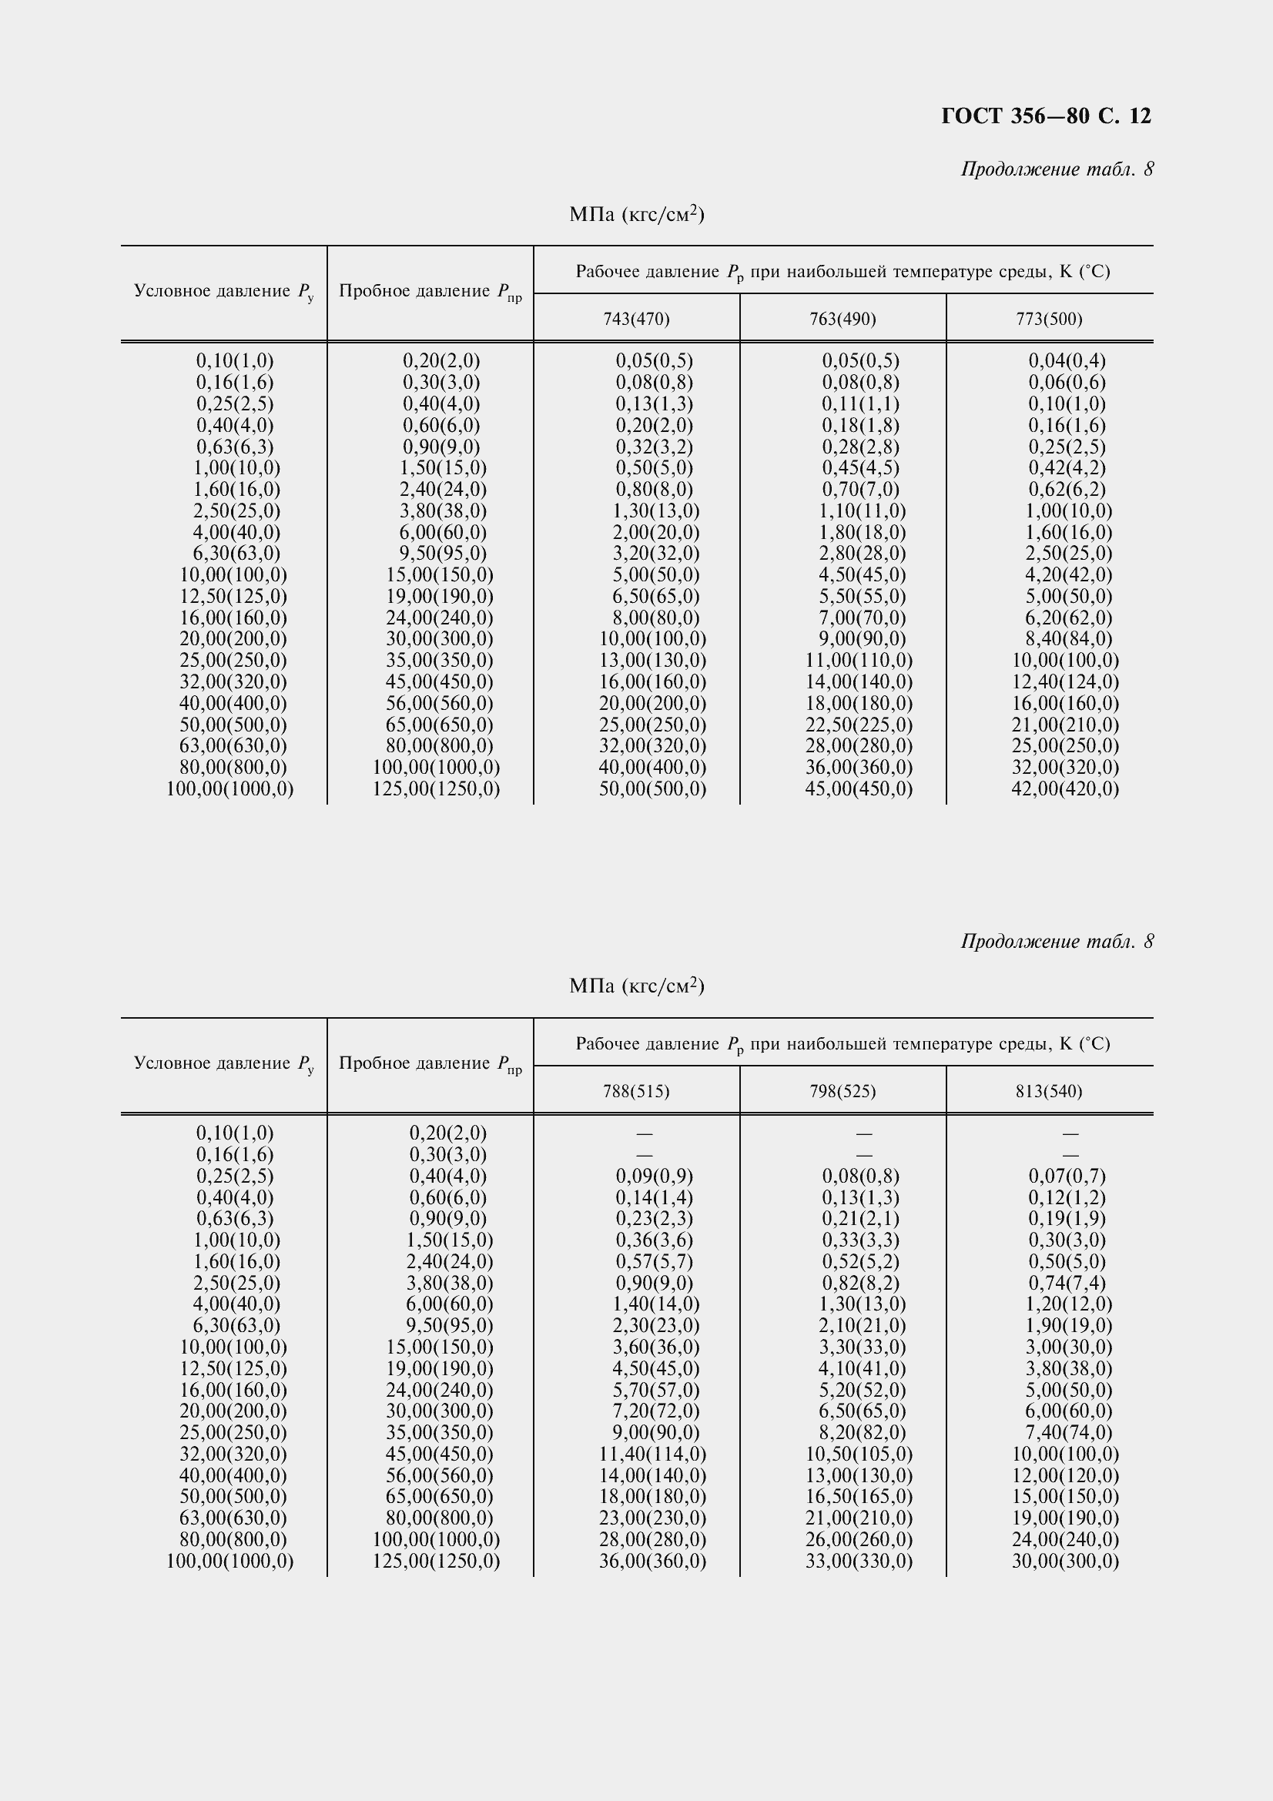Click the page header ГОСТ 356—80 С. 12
pyautogui.click(x=1046, y=116)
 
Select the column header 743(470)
pyautogui.click(x=636, y=319)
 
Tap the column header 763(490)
pyautogui.click(x=843, y=319)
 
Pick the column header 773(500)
pyautogui.click(x=1049, y=319)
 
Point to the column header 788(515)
pyautogui.click(x=636, y=1091)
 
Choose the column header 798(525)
pyautogui.click(x=843, y=1091)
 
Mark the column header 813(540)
pyautogui.click(x=1049, y=1091)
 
